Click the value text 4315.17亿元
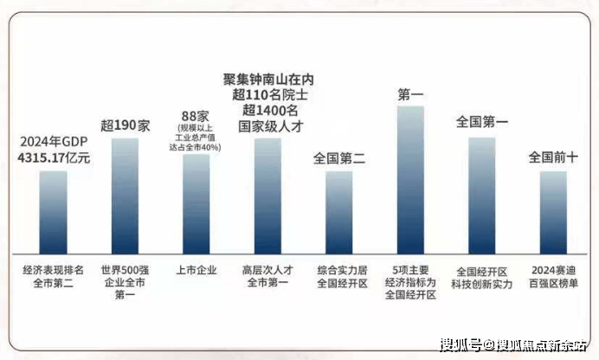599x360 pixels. [54, 158]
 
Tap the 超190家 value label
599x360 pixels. [125, 125]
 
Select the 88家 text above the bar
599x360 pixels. [196, 116]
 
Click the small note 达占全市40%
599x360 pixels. [196, 147]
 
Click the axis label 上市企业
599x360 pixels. [196, 270]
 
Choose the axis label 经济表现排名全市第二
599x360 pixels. [54, 276]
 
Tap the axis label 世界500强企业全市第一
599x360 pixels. [125, 282]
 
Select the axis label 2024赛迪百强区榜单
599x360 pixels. [553, 276]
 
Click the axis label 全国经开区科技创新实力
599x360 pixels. [481, 276]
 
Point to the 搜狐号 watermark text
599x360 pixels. [460, 345]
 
